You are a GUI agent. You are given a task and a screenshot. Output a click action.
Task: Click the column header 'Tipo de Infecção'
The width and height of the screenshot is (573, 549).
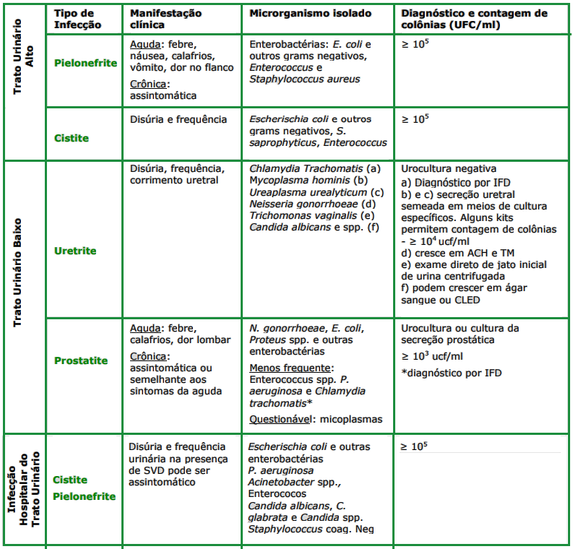pyautogui.click(x=74, y=19)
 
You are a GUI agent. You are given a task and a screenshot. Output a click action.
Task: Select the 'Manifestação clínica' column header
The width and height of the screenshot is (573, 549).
pyautogui.click(x=165, y=19)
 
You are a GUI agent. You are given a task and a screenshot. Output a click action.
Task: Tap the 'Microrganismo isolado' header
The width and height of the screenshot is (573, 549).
pyautogui.click(x=311, y=14)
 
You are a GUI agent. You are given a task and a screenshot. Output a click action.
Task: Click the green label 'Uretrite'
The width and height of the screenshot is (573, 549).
pyautogui.click(x=75, y=251)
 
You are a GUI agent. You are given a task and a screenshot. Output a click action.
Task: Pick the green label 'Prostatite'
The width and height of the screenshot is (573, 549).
pyautogui.click(x=81, y=360)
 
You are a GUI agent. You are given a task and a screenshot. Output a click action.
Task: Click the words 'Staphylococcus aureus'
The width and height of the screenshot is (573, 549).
pyautogui.click(x=304, y=79)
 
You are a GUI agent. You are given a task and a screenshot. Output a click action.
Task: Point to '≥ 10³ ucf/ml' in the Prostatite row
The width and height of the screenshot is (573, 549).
pyautogui.click(x=434, y=356)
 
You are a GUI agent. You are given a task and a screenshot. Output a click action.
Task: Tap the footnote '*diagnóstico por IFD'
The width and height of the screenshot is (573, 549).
pyautogui.click(x=451, y=373)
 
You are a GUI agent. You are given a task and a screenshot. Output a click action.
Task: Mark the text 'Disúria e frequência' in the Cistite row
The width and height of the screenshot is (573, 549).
pyautogui.click(x=178, y=120)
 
